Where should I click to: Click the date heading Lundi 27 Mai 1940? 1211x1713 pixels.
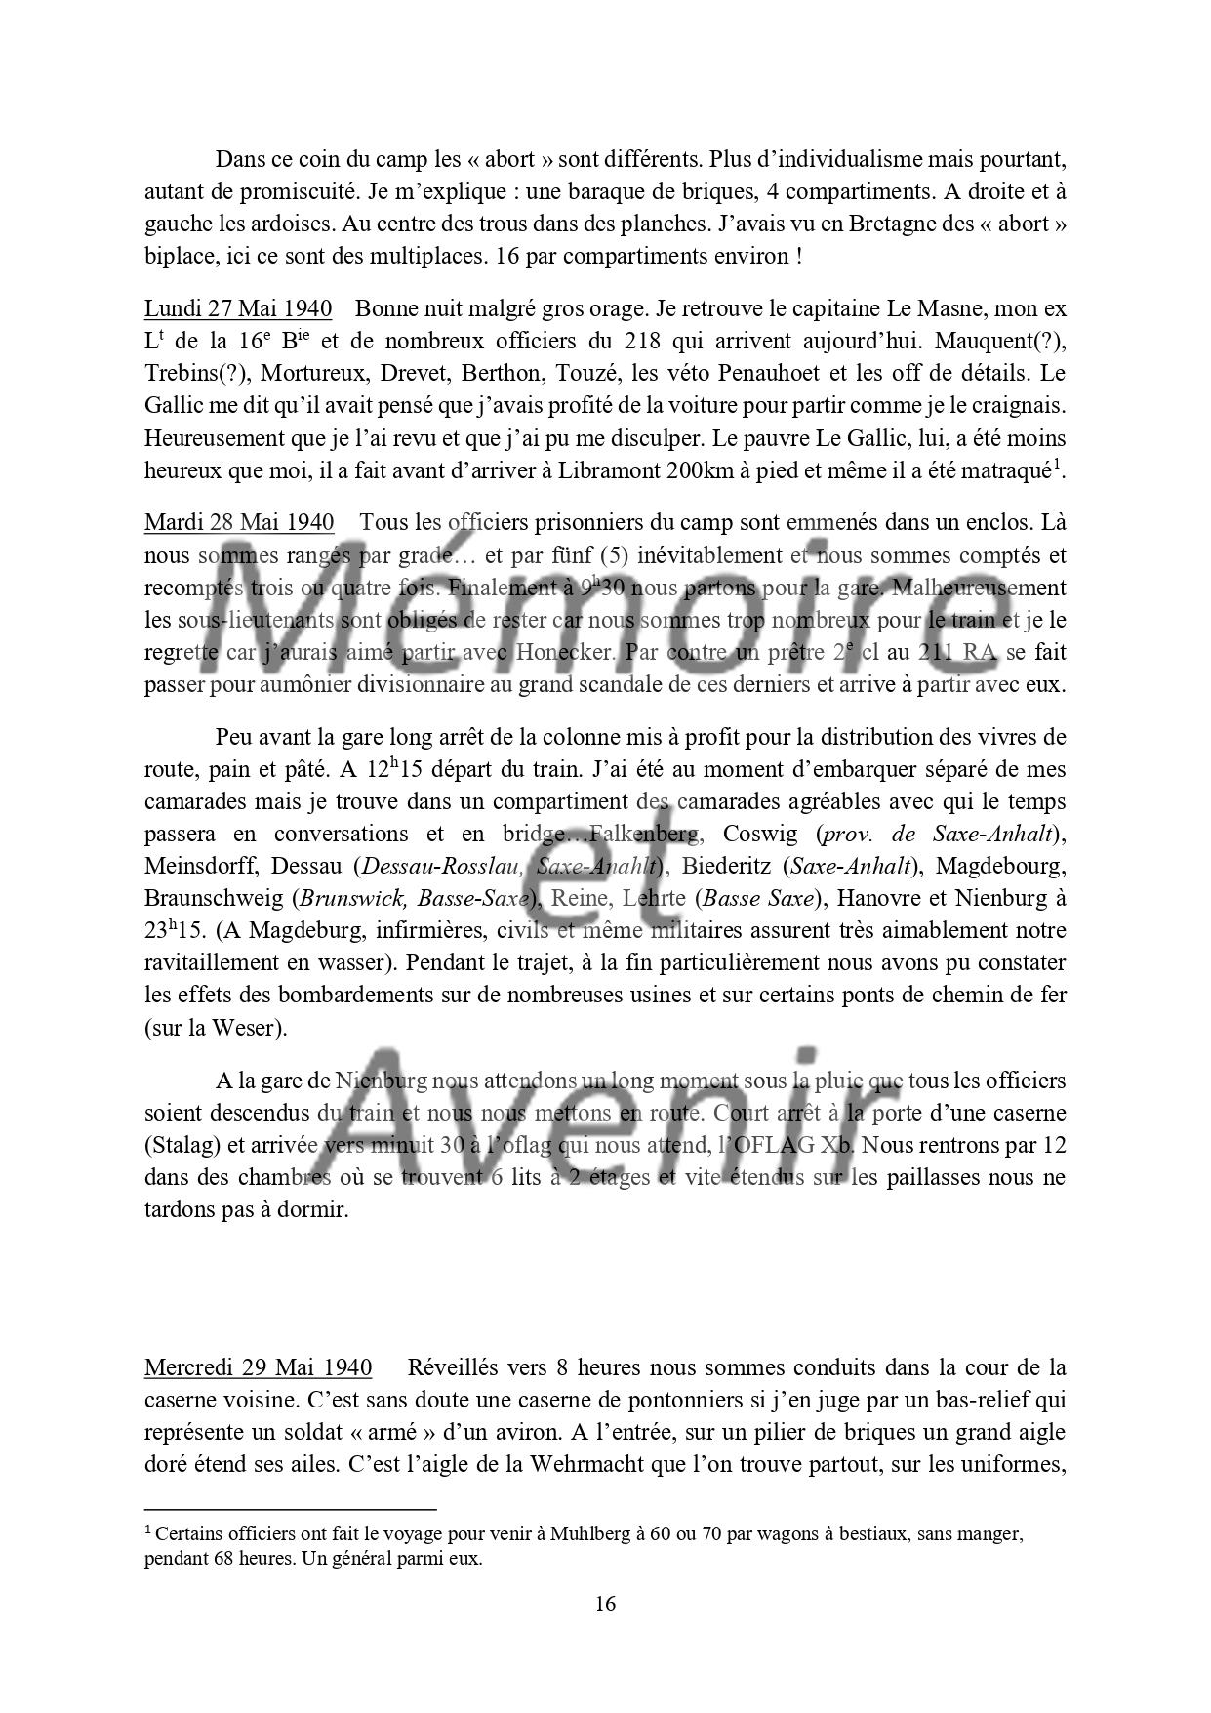[x=237, y=309]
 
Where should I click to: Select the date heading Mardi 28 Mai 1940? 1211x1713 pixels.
[x=239, y=522]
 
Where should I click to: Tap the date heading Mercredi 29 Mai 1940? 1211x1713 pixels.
[x=258, y=1367]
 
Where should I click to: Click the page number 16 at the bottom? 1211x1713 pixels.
[x=605, y=1604]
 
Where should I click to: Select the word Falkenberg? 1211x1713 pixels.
[x=645, y=834]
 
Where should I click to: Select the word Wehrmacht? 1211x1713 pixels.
[x=576, y=1464]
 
